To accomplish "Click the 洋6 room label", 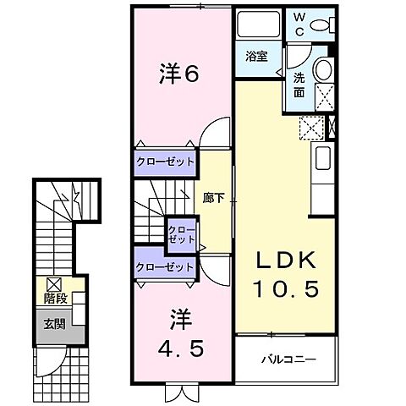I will coord(178,74).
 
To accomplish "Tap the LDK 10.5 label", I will coord(285,274).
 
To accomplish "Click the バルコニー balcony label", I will coord(287,359).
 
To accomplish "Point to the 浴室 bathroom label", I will coord(256,57).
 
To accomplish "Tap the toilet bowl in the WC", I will coord(322,26).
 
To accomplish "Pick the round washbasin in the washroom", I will coord(321,70).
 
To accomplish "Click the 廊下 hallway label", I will coord(213,200).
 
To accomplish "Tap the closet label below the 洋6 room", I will coord(165,161).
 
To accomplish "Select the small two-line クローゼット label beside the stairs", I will coord(180,234).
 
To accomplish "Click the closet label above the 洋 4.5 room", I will coord(165,266).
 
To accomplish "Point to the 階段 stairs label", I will coord(53,299).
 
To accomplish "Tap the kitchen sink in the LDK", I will coord(322,157).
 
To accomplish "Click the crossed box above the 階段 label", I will coord(53,283).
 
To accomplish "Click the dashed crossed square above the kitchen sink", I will coord(311,129).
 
